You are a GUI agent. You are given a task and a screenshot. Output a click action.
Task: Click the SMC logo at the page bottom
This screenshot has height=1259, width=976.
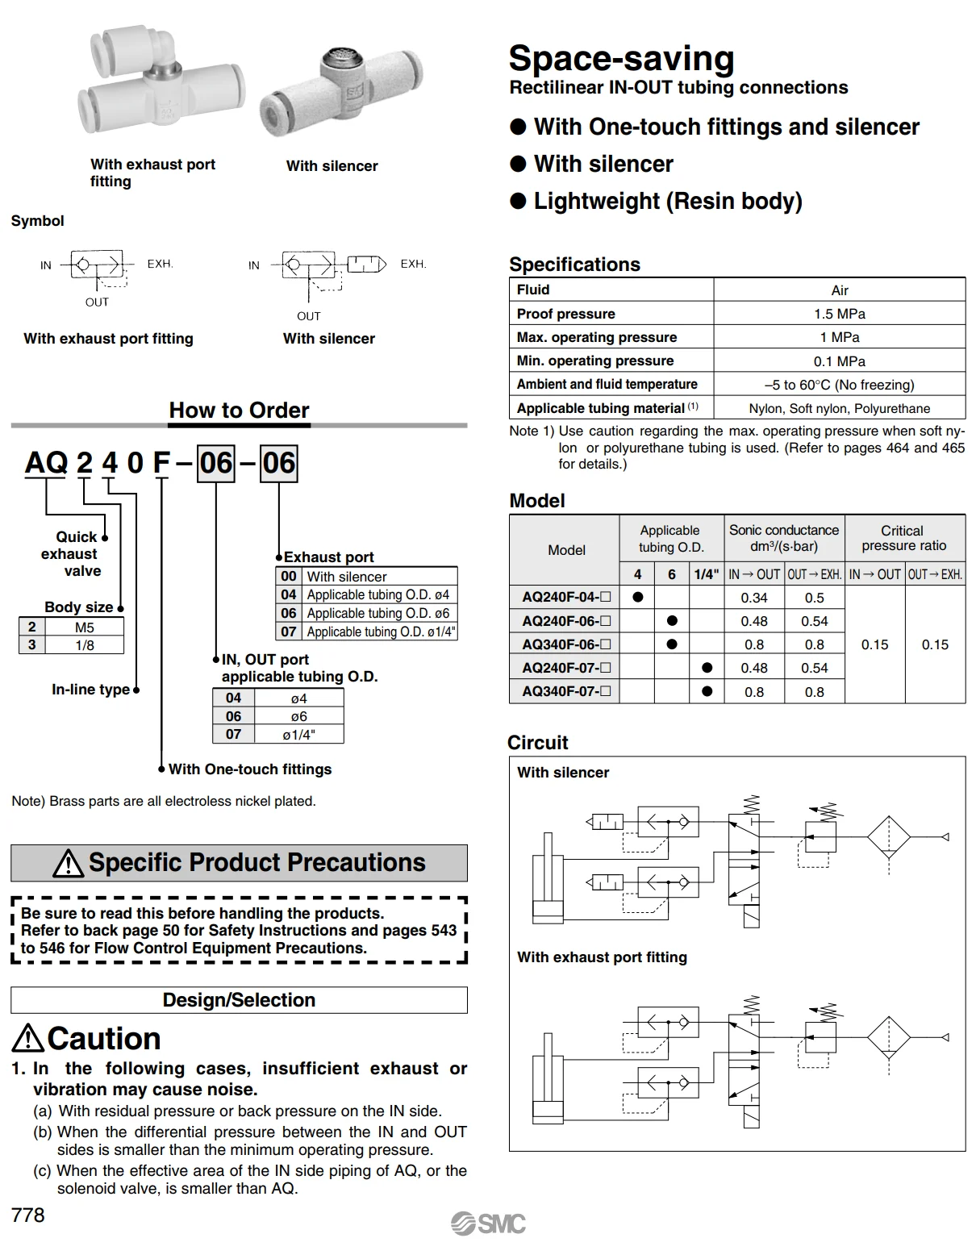[x=488, y=1224]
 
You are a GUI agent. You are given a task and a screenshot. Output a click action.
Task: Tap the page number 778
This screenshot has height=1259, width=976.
[x=28, y=1215]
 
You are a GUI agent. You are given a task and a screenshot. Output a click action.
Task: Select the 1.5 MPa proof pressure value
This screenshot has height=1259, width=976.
[x=839, y=314]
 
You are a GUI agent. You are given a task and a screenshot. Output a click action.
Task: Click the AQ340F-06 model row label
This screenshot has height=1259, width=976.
[x=565, y=644]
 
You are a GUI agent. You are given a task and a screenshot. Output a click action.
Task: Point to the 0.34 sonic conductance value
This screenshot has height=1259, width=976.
[x=754, y=598]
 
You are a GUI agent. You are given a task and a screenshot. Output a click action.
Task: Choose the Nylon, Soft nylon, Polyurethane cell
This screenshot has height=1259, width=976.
[x=839, y=408]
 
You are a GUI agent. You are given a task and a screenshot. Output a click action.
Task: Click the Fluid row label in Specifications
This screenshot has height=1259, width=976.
[x=533, y=290]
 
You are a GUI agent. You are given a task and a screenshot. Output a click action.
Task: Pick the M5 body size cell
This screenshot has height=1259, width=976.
[x=85, y=627]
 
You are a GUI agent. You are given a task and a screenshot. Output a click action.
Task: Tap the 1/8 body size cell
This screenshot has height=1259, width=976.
[x=85, y=645]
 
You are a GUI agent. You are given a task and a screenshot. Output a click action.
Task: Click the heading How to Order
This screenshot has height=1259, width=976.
[x=239, y=411]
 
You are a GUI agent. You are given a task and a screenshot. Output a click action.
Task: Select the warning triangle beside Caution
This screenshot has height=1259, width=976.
[x=28, y=1038]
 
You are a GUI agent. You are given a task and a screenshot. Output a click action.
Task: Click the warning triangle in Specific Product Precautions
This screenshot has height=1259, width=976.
[x=69, y=864]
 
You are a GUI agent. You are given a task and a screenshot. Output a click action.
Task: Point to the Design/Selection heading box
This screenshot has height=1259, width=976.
[x=239, y=1000]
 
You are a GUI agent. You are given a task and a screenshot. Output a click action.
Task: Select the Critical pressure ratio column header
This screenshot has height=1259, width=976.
[x=903, y=538]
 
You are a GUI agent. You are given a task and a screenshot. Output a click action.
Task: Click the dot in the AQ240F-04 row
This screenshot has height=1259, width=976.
[x=638, y=598]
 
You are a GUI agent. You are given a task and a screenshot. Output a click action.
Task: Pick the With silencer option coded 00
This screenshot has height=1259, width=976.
[x=347, y=577]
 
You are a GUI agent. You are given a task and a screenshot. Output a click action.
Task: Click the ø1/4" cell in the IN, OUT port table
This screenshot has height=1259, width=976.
[x=298, y=735]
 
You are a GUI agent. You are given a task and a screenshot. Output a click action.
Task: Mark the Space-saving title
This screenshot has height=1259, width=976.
[x=621, y=59]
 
